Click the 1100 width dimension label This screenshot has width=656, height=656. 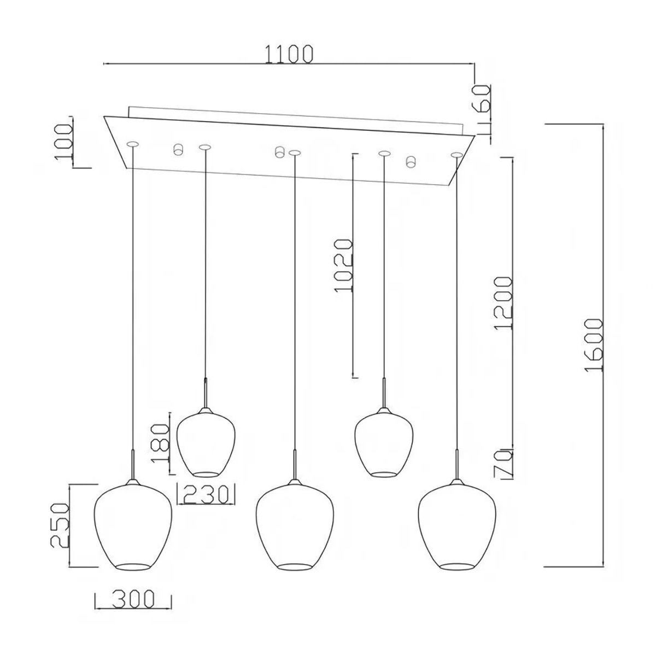point(288,54)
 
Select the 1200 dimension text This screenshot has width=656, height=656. point(503,303)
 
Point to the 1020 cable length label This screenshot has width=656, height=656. point(343,266)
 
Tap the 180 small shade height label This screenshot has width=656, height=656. point(160,443)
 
